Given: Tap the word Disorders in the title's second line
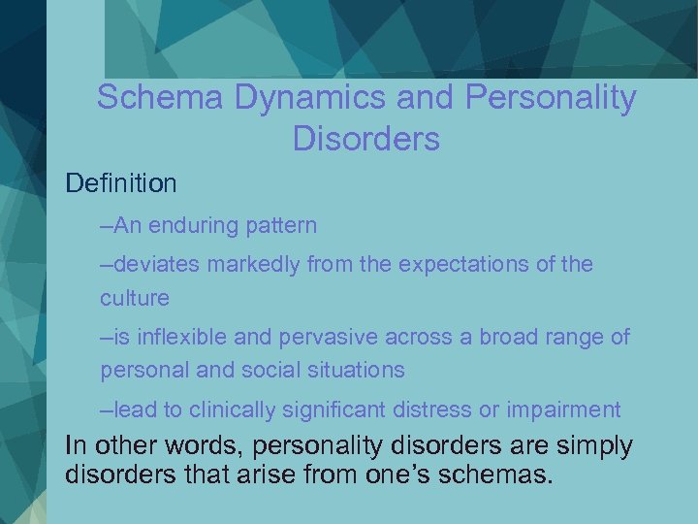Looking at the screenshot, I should point(365,140).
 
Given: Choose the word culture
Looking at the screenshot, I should point(134,297).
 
